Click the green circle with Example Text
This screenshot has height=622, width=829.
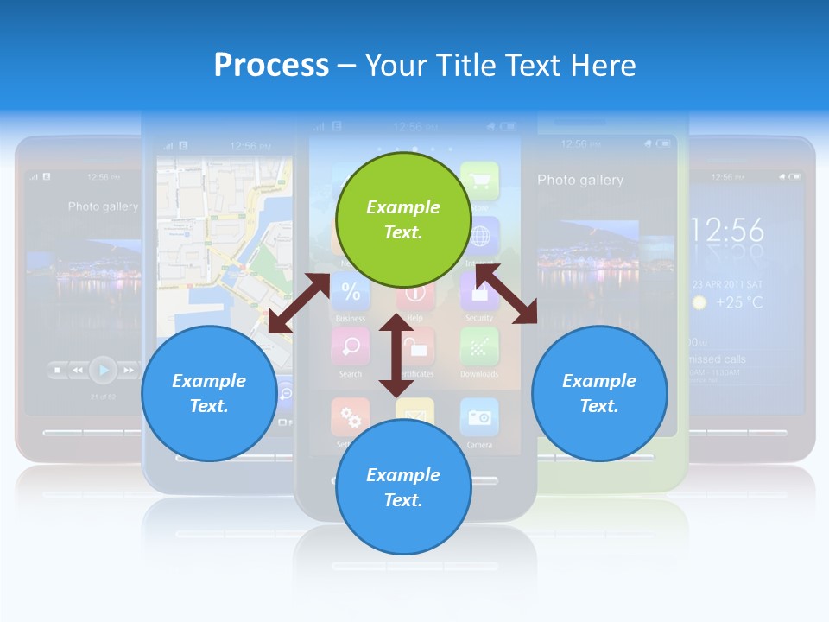pos(402,219)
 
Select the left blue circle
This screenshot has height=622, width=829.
pos(209,393)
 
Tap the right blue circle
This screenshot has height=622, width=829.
pos(599,393)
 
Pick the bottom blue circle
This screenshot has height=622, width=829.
pos(402,487)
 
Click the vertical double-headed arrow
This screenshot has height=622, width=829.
pos(396,355)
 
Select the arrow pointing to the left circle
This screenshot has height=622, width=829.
pos(299,303)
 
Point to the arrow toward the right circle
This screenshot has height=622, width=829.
pos(506,295)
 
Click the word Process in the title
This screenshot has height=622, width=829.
pos(271,65)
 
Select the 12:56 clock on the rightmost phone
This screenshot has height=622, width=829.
pos(727,230)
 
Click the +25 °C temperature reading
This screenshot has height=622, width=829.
pos(739,302)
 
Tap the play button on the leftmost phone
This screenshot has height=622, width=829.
pos(103,370)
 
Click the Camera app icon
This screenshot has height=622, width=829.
pos(478,417)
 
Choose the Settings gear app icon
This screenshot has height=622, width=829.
pos(350,417)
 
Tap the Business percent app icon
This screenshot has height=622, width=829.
pos(351,291)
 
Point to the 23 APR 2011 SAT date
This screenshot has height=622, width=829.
pos(727,283)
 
